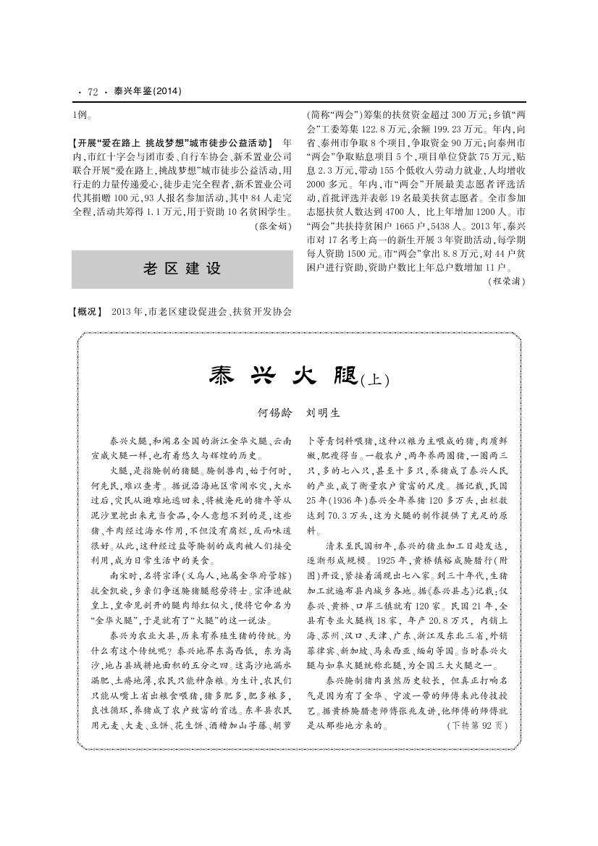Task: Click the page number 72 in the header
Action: tap(93, 92)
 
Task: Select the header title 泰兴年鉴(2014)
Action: tap(147, 92)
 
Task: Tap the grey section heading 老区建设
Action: tap(182, 268)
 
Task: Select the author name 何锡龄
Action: tap(276, 413)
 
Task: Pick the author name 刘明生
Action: tap(324, 413)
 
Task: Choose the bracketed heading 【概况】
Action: tap(88, 312)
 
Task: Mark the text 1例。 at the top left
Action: tap(82, 114)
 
